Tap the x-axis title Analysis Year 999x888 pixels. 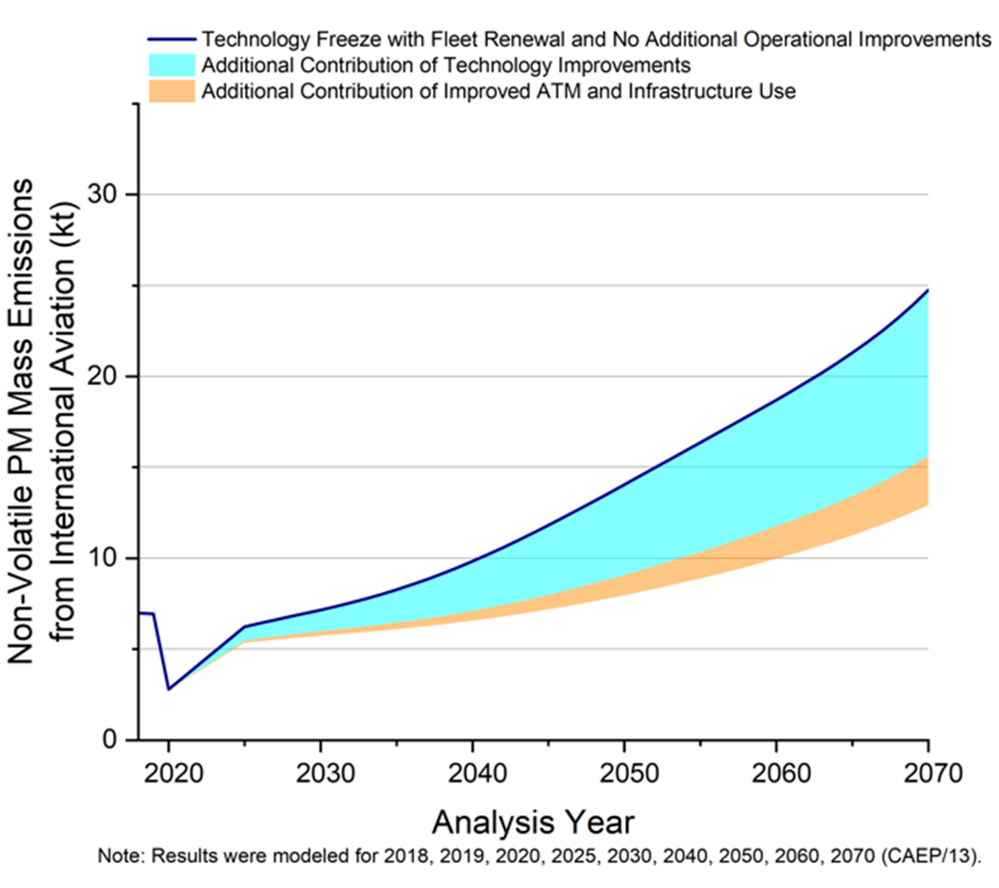[532, 824]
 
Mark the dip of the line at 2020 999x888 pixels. [169, 689]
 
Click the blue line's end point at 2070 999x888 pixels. [928, 289]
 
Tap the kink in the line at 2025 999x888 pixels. [244, 627]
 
